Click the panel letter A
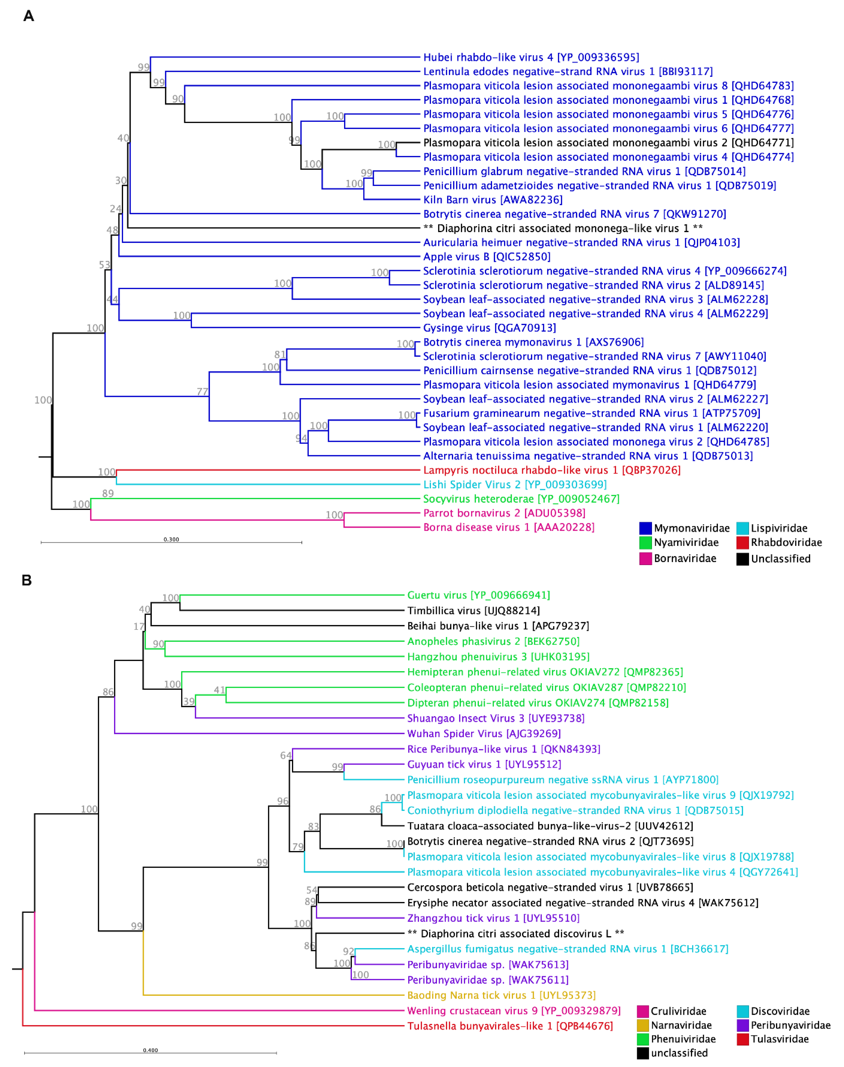click(x=29, y=16)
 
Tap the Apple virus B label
click(x=486, y=257)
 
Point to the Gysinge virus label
click(x=489, y=328)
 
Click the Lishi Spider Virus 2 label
click(x=514, y=484)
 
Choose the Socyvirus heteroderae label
click(x=521, y=499)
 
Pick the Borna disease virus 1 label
click(x=508, y=527)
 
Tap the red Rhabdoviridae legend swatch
click(x=742, y=543)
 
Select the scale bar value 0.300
click(x=171, y=539)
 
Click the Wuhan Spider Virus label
click(x=483, y=733)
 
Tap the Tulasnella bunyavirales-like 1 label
click(x=510, y=1026)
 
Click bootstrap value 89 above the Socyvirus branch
click(x=108, y=493)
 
